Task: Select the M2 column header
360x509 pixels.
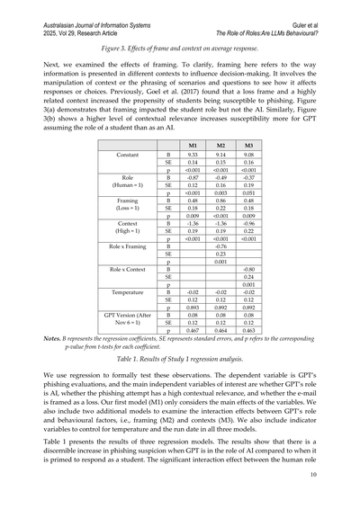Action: [x=218, y=144]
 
